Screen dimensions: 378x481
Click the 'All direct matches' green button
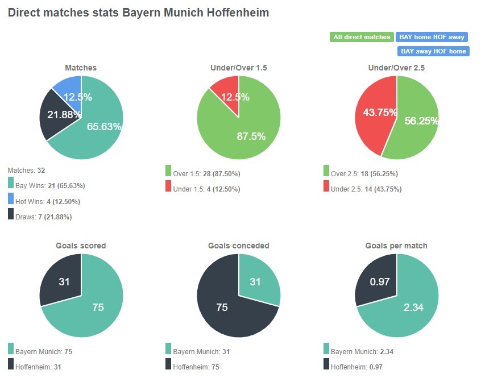(x=362, y=37)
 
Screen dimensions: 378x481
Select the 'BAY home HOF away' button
(x=432, y=37)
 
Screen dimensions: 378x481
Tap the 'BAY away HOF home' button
(x=433, y=51)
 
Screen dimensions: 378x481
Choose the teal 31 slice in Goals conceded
(x=257, y=281)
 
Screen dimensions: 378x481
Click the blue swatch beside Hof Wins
(x=11, y=198)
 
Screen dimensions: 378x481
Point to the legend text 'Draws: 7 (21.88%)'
(x=44, y=217)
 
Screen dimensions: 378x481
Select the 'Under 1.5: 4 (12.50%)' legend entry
(x=206, y=189)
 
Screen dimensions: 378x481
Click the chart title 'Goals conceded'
(x=238, y=246)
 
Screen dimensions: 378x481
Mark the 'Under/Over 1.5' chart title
(x=238, y=68)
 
